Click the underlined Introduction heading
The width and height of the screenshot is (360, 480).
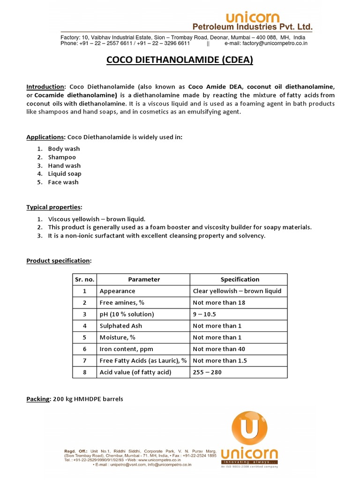[x=45, y=87]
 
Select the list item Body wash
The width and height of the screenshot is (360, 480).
[x=64, y=149]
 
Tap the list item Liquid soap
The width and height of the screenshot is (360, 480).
[x=65, y=173]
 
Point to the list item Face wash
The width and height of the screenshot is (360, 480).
[x=63, y=182]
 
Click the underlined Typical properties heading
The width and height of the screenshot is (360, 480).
[x=54, y=207]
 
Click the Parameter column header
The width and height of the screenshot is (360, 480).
[x=144, y=279]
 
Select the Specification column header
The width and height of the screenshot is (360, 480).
[x=240, y=279]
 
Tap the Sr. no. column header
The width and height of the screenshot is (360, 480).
[x=84, y=279]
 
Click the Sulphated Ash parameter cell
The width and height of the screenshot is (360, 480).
[x=120, y=326]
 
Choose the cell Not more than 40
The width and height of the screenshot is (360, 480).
[x=219, y=349]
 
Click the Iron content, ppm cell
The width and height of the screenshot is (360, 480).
[x=126, y=349]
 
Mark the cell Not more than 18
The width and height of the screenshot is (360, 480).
[x=219, y=302]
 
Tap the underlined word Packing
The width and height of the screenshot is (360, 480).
[x=38, y=399]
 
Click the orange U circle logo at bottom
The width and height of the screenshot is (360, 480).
[x=250, y=428]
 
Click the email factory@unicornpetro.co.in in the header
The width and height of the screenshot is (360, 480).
[x=266, y=43]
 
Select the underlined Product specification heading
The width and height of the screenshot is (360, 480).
[x=59, y=261]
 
